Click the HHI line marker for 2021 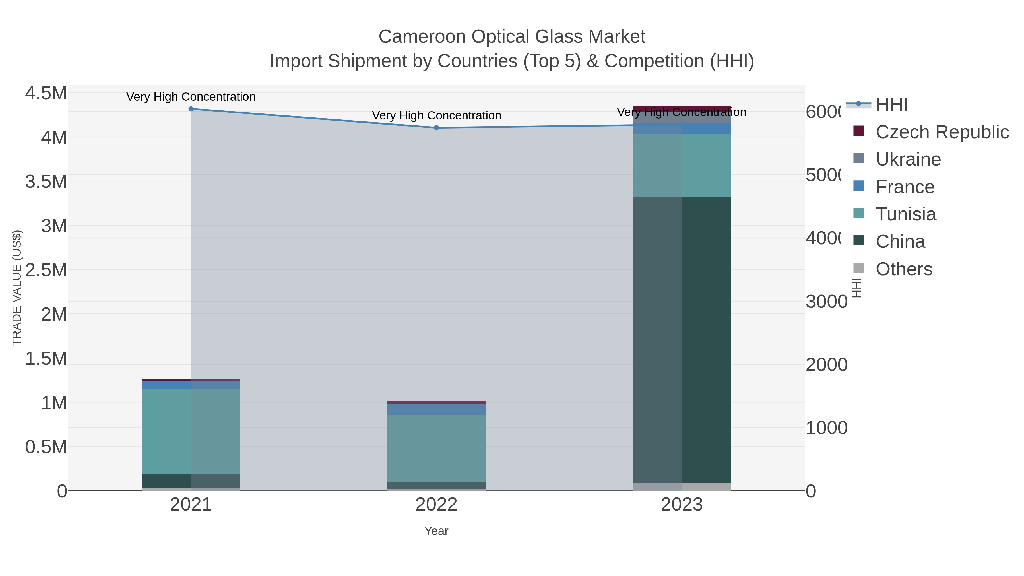[x=191, y=109]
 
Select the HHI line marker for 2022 [x=436, y=128]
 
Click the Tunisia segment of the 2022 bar [x=436, y=448]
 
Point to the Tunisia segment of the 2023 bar [x=682, y=165]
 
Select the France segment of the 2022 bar [x=436, y=409]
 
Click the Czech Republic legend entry [x=941, y=132]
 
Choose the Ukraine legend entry [x=908, y=159]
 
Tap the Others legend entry [x=904, y=269]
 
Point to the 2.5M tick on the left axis [x=46, y=270]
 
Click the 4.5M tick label [x=46, y=93]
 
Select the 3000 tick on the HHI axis [x=826, y=301]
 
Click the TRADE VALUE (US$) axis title [x=17, y=288]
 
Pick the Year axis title [x=436, y=531]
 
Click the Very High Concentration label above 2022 [x=436, y=116]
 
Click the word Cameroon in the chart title [x=422, y=37]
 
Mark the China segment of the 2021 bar [x=191, y=481]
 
